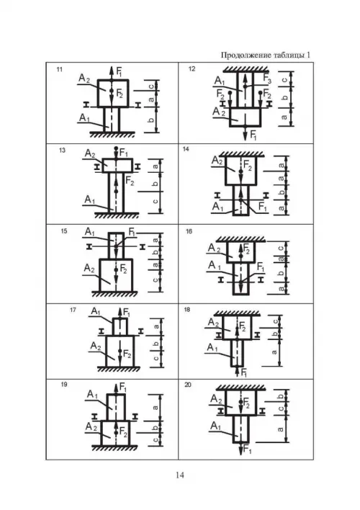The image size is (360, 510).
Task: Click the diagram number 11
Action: [60, 69]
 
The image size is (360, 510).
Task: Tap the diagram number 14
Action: [186, 149]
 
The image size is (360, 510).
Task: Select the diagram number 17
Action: [73, 310]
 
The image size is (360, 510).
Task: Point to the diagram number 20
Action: [188, 385]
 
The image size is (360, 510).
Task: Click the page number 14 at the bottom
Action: [180, 475]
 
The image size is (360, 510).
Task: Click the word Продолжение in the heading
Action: [243, 55]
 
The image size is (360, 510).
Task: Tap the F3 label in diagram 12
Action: [267, 79]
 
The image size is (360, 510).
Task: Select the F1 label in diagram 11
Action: [120, 71]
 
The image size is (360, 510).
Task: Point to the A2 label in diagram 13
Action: [90, 153]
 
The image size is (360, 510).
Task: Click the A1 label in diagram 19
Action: [92, 395]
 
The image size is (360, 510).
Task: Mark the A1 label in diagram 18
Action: [212, 348]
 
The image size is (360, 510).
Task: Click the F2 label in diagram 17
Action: [127, 354]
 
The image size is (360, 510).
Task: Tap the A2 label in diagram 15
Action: [89, 269]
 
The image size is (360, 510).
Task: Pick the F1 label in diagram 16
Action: [261, 267]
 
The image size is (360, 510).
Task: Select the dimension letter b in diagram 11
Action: [151, 120]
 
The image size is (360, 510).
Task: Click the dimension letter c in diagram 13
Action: [156, 201]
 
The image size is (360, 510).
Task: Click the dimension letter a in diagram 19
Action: [156, 407]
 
